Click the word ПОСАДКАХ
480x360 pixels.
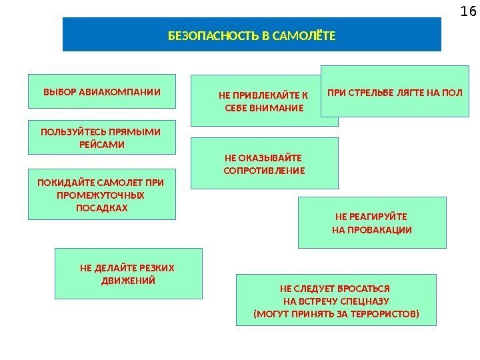101,208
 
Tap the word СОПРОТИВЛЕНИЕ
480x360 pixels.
264,171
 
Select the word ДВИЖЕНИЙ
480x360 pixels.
128,281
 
